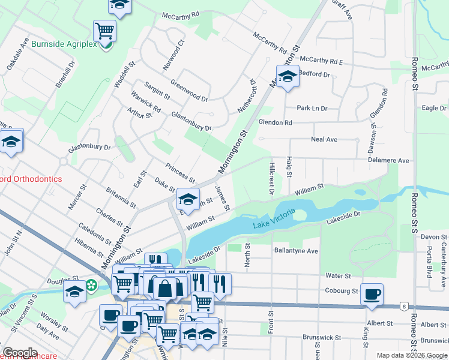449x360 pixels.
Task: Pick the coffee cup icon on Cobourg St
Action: point(372,294)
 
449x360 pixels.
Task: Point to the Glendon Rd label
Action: point(275,122)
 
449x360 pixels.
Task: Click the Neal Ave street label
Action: point(324,139)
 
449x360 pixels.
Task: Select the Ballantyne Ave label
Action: point(295,250)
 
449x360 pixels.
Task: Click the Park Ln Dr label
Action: point(312,109)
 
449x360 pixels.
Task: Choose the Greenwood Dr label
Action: point(189,90)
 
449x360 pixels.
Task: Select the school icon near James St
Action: point(188,199)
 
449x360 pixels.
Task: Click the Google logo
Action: point(20,353)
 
